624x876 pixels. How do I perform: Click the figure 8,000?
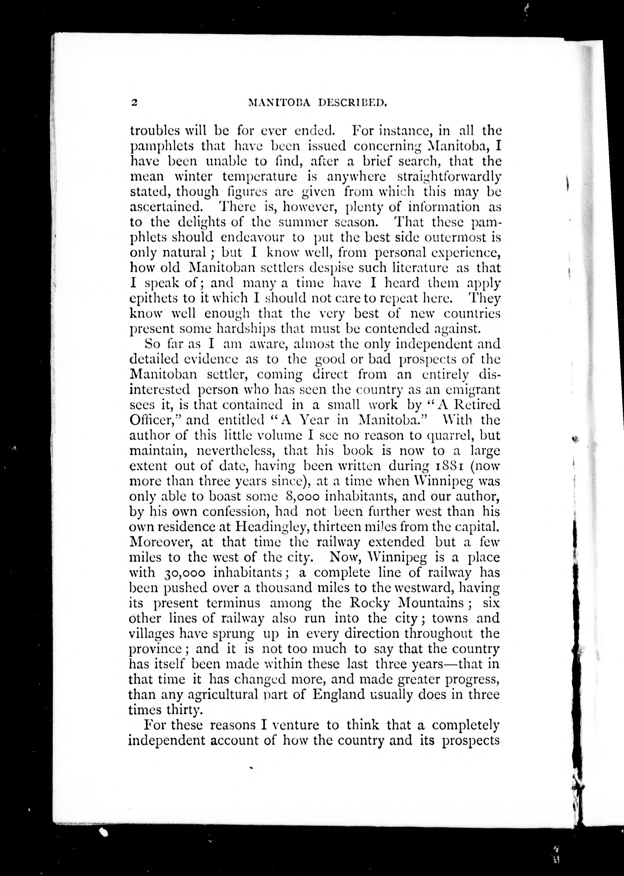(303, 496)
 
